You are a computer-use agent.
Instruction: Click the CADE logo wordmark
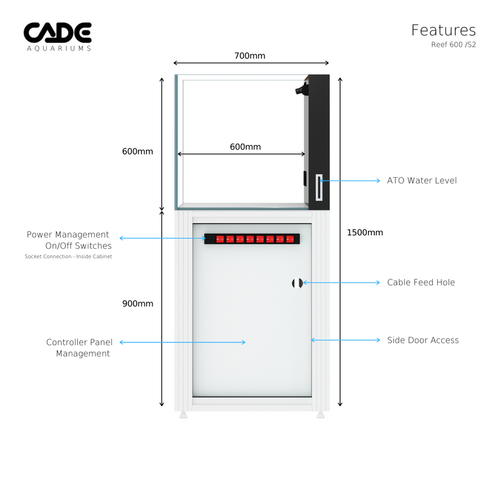[x=57, y=32]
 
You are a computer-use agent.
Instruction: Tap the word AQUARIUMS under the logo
[x=57, y=48]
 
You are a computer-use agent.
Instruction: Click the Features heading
[x=443, y=30]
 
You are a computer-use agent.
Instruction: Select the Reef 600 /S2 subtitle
[x=453, y=44]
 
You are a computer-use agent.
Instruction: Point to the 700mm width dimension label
[x=249, y=56]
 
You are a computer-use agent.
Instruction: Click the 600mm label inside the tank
[x=245, y=147]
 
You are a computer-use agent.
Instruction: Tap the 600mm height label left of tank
[x=137, y=152]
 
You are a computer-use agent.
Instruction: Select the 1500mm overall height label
[x=364, y=233]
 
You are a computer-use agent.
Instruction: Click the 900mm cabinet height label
[x=137, y=304]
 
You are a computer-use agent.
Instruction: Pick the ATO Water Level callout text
[x=422, y=180]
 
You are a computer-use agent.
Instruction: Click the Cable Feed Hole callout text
[x=420, y=283]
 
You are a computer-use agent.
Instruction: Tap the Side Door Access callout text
[x=422, y=340]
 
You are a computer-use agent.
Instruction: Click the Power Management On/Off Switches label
[x=69, y=240]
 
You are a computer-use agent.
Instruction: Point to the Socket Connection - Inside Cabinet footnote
[x=69, y=256]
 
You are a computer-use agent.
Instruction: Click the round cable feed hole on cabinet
[x=297, y=283]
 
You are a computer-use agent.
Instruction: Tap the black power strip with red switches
[x=252, y=238]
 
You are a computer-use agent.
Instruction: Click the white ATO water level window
[x=319, y=188]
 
